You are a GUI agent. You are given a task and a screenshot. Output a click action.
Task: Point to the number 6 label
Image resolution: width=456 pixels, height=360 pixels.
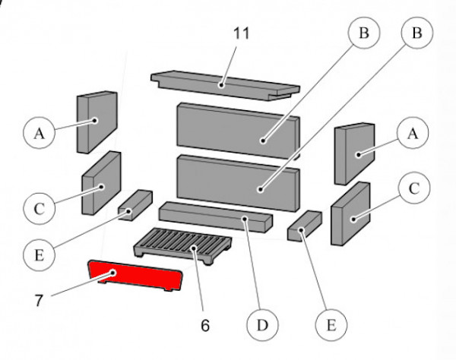[204, 324]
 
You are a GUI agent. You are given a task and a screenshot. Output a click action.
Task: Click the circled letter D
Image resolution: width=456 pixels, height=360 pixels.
[261, 326]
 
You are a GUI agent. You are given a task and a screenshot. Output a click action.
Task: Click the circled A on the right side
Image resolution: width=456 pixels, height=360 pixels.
[413, 134]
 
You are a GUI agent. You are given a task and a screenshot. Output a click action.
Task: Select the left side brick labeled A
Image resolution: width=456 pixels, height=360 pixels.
[96, 121]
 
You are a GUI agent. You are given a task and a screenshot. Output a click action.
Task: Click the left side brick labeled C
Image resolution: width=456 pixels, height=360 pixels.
[100, 182]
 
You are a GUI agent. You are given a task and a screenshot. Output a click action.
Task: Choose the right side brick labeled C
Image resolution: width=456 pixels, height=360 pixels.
[350, 214]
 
